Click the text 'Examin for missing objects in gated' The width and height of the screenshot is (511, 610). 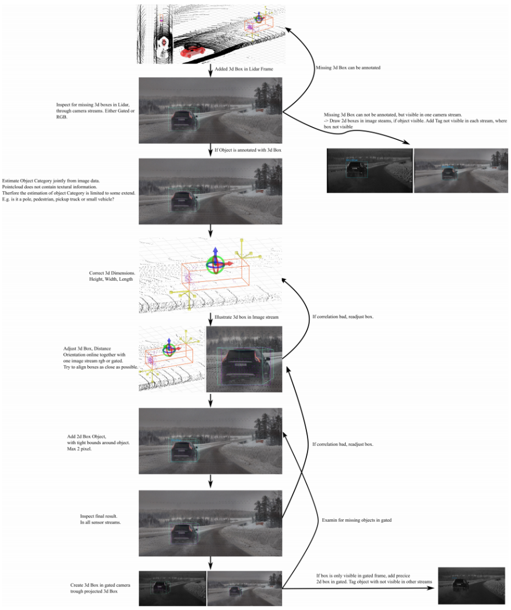(357, 520)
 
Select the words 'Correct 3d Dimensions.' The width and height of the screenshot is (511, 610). (109, 272)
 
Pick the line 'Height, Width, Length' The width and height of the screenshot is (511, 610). (108, 279)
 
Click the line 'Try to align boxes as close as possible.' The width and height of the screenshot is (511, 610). (101, 367)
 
